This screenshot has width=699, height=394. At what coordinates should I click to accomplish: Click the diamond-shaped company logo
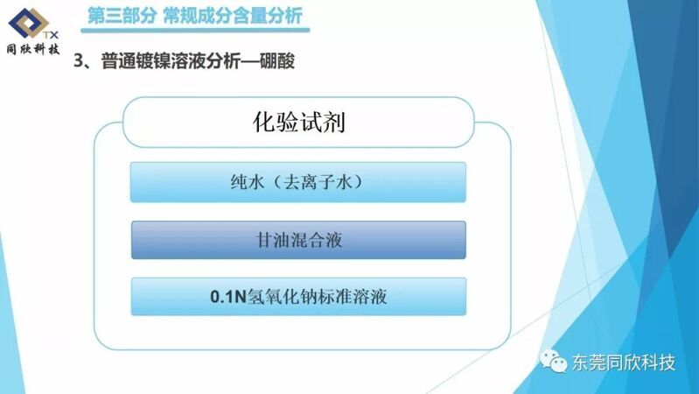pyautogui.click(x=29, y=23)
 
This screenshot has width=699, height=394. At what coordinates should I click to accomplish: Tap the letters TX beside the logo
pyautogui.click(x=51, y=35)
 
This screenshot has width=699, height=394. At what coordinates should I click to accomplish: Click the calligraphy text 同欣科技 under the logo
pyautogui.click(x=33, y=49)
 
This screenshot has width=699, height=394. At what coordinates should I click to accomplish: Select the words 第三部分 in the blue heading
pyautogui.click(x=122, y=16)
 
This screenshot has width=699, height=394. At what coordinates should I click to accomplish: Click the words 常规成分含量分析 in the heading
pyautogui.click(x=233, y=16)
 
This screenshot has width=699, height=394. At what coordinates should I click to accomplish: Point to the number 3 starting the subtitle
pyautogui.click(x=79, y=60)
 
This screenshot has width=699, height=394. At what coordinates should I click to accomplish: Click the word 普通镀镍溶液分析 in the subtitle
pyautogui.click(x=171, y=61)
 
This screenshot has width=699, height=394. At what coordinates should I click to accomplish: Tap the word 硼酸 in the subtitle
pyautogui.click(x=276, y=61)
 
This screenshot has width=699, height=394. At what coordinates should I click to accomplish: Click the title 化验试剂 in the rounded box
pyautogui.click(x=298, y=122)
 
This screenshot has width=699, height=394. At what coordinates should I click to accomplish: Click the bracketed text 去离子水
pyautogui.click(x=318, y=182)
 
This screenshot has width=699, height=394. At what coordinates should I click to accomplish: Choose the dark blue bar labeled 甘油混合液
pyautogui.click(x=298, y=240)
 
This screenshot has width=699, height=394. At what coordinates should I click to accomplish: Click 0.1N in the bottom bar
pyautogui.click(x=228, y=297)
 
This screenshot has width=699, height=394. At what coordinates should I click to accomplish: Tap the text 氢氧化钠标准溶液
pyautogui.click(x=317, y=297)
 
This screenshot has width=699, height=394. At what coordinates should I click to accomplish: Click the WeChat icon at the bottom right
pyautogui.click(x=554, y=361)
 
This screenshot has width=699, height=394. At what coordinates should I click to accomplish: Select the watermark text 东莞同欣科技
pyautogui.click(x=624, y=362)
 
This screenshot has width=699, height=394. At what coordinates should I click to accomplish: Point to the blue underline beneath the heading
pyautogui.click(x=195, y=31)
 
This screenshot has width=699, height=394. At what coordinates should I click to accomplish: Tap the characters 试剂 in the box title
pyautogui.click(x=322, y=122)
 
